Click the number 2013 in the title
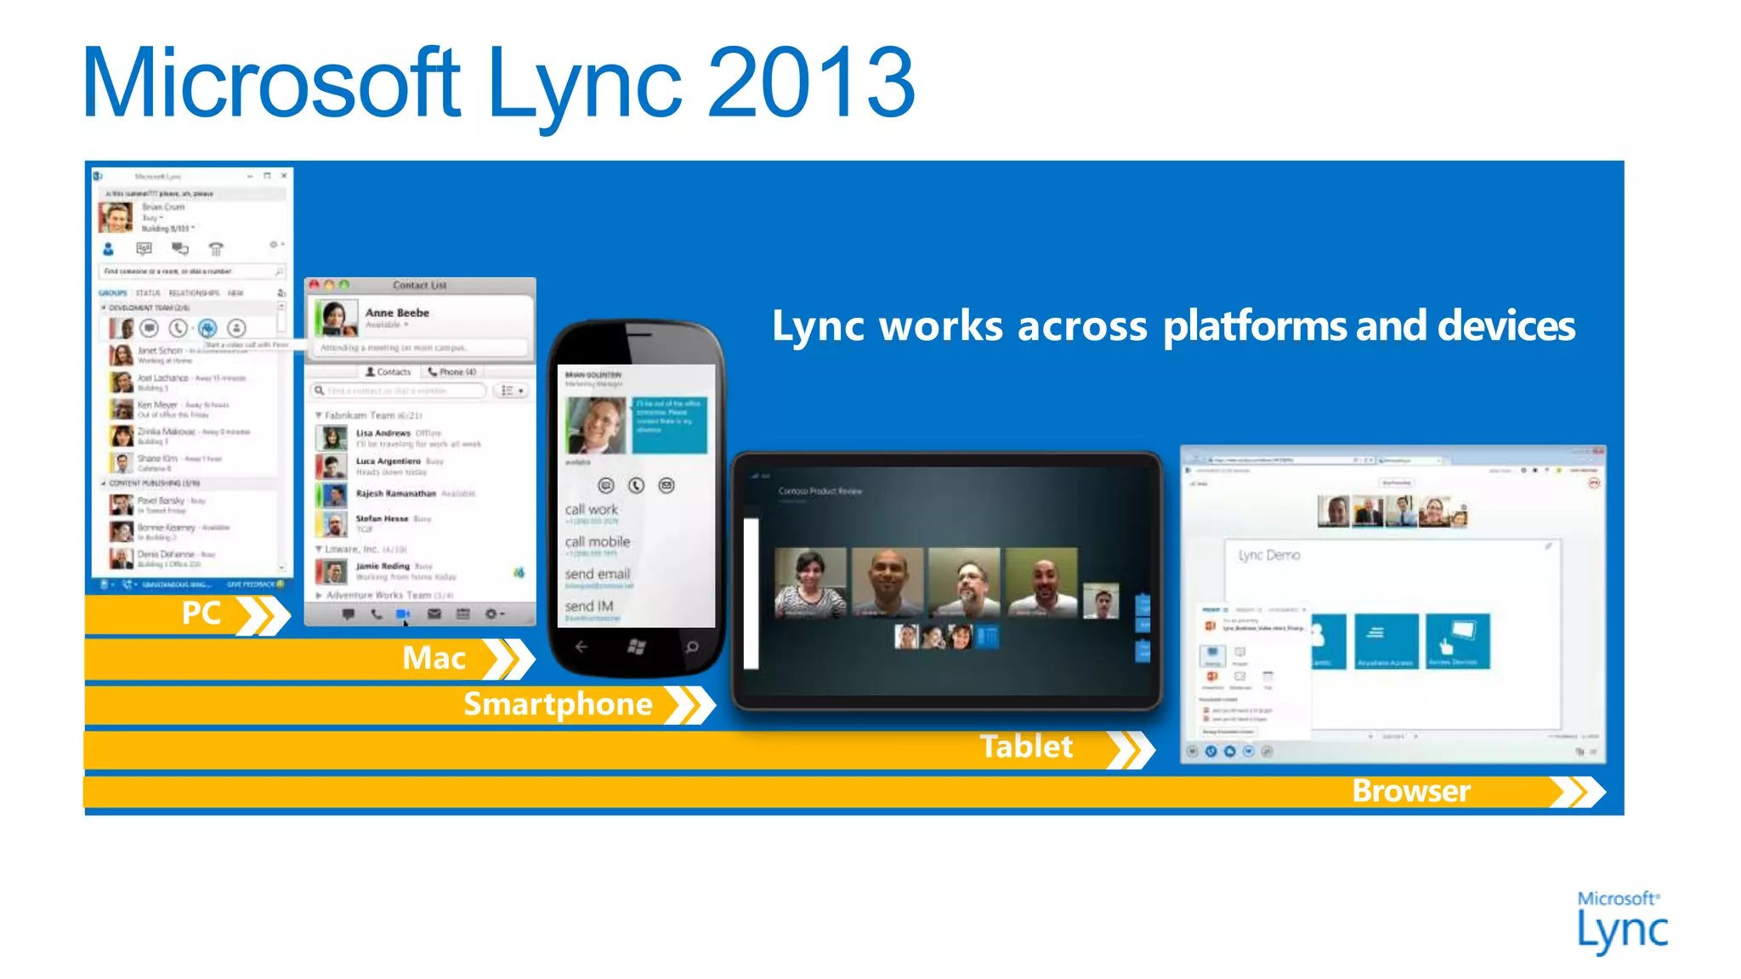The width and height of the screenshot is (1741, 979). pos(810,83)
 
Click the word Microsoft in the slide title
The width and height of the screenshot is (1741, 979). pos(271,83)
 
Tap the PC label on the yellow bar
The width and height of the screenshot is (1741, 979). pos(201,614)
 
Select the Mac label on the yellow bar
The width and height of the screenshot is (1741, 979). pos(434,659)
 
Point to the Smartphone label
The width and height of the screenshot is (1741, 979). pos(558,705)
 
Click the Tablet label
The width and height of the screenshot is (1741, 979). pos(1026,747)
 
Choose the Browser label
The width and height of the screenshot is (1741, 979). pos(1411,791)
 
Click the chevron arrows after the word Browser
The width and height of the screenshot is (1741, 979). pos(1578,791)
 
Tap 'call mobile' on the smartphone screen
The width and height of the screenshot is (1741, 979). pos(598,542)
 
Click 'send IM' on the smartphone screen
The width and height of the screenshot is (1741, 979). pos(588,607)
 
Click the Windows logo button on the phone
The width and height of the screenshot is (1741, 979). pos(636,648)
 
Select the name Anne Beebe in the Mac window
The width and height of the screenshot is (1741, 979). pos(397,313)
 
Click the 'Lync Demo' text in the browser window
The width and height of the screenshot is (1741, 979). pos(1269,555)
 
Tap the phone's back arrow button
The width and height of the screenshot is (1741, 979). pos(581,648)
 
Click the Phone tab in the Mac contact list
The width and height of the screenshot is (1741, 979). pos(452,372)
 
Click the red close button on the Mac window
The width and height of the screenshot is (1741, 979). pos(315,286)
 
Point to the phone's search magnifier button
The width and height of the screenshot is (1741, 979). pos(692,648)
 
